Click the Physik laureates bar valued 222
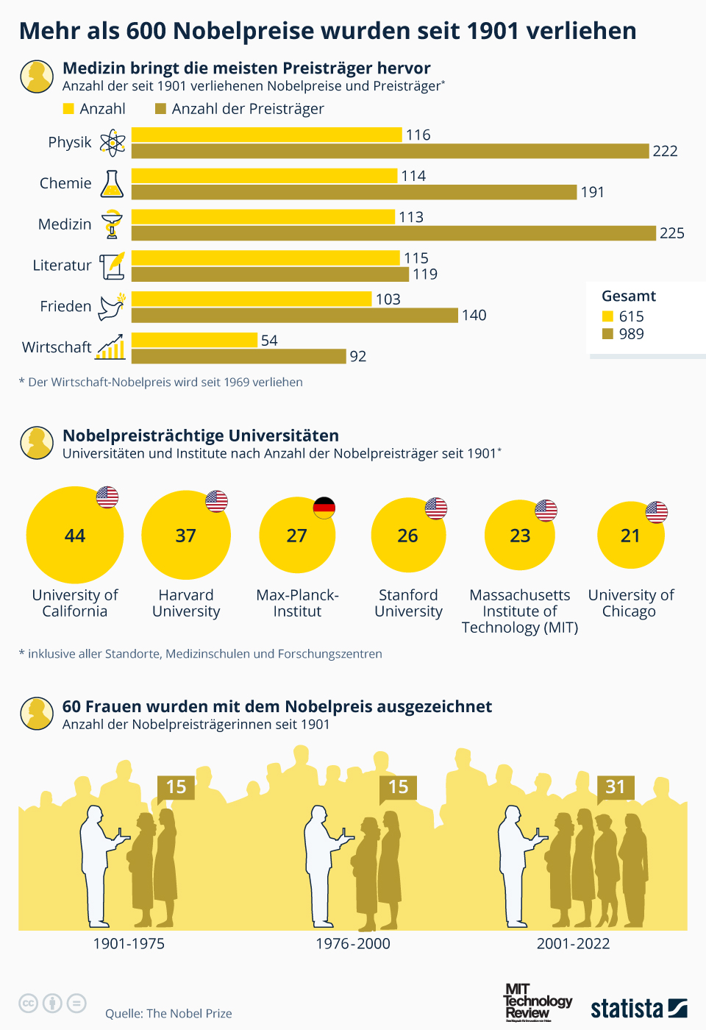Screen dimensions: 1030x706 coord(390,151)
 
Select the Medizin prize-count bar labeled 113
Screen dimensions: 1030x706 coord(263,217)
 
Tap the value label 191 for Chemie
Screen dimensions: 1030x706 coord(593,192)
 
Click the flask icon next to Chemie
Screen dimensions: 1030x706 coord(112,184)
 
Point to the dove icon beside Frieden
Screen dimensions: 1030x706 coord(112,306)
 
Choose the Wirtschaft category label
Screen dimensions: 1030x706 coord(57,347)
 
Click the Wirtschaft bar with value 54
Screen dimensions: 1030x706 coord(194,340)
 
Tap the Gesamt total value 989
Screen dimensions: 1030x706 coord(631,334)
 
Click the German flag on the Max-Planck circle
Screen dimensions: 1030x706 coord(324,508)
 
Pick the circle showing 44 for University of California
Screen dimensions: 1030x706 coord(74,535)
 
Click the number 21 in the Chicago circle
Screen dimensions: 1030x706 coord(630,536)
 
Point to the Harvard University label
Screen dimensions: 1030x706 coord(186,603)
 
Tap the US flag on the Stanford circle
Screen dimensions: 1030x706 coord(436,508)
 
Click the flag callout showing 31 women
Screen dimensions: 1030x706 coord(616,787)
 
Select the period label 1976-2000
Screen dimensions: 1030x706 coord(353,944)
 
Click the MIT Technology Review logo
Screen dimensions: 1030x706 coord(537,1001)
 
